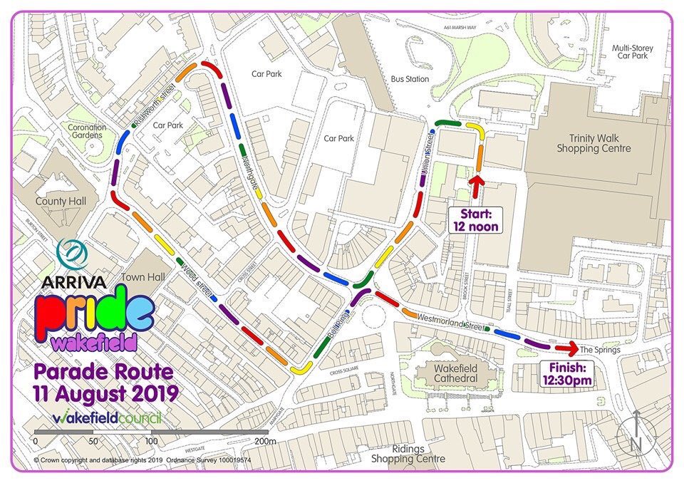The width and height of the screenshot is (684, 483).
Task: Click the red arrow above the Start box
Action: point(476,186)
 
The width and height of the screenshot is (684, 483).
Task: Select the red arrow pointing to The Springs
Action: point(566,348)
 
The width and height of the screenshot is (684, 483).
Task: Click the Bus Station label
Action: point(410,79)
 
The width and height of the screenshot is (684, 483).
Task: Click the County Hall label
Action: point(61,202)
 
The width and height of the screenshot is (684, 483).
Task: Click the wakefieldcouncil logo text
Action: point(107,417)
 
